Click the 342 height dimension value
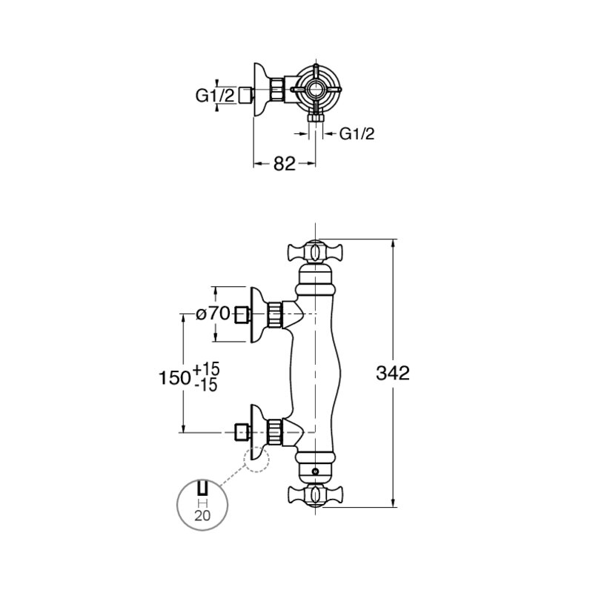[x=393, y=374]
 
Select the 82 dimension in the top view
[x=285, y=164]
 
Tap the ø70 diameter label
[x=213, y=314]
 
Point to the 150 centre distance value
[x=174, y=378]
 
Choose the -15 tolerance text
[x=206, y=385]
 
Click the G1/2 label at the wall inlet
[x=215, y=96]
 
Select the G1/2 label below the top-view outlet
[x=357, y=133]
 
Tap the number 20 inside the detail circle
[x=202, y=515]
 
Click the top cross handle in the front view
[x=314, y=251]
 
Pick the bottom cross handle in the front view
[x=314, y=495]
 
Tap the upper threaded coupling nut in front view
[x=275, y=314]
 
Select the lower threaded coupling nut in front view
[x=275, y=432]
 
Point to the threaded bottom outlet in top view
[x=316, y=118]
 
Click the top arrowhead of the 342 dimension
[x=394, y=244]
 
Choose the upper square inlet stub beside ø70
[x=242, y=314]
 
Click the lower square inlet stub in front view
[x=242, y=432]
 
